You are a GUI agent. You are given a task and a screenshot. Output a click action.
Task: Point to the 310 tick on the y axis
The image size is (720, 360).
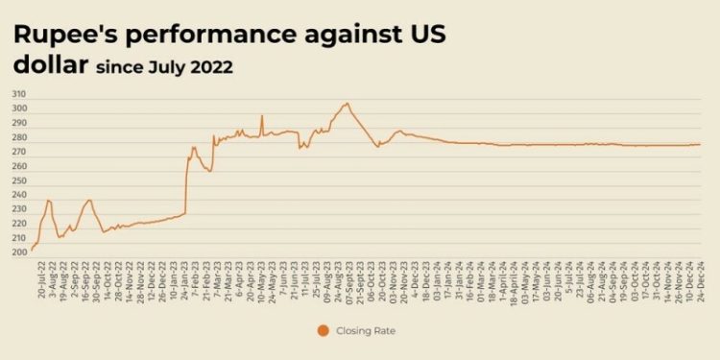tap(19, 94)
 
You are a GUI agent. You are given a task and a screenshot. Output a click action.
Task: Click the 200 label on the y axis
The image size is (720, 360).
tap(19, 252)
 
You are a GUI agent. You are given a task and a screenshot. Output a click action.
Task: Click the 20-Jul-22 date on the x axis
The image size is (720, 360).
tap(40, 277)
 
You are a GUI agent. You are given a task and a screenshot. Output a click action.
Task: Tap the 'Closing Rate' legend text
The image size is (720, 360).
tap(364, 331)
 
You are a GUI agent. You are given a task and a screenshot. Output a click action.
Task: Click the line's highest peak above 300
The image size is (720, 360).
tap(347, 103)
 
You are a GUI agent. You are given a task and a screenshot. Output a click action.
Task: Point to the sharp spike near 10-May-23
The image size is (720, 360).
tap(261, 116)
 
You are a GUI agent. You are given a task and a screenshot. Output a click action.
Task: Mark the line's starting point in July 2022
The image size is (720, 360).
tap(32, 250)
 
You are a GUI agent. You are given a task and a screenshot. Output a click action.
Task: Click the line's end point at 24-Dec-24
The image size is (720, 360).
tap(700, 144)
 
